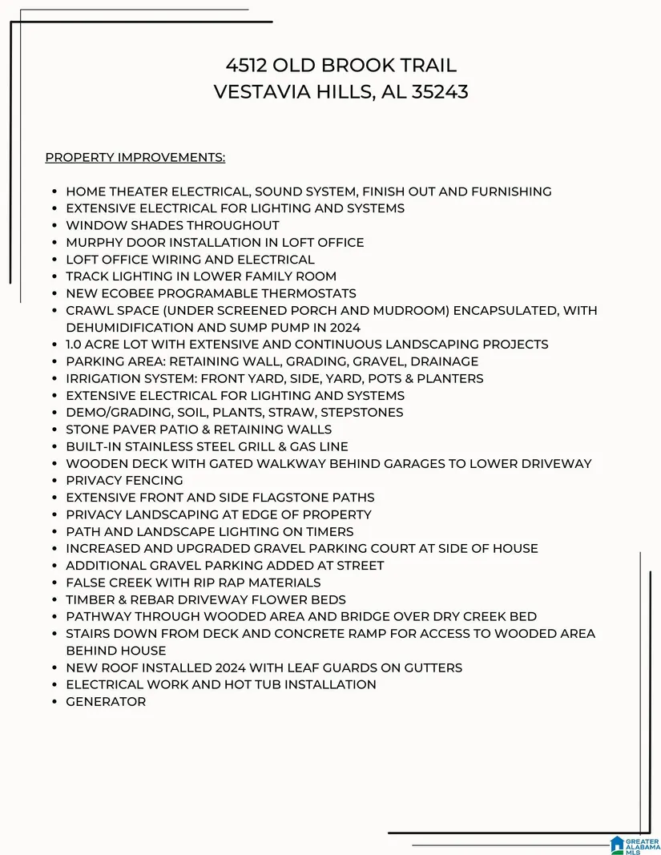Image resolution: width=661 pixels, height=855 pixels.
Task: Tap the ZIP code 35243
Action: click(440, 92)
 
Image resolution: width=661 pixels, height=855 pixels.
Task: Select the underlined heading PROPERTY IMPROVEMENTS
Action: click(135, 157)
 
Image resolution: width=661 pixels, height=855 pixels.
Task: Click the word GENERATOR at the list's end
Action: click(106, 702)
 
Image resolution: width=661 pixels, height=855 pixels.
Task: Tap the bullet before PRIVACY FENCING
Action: click(53, 481)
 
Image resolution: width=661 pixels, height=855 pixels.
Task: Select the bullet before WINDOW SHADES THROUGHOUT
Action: click(53, 226)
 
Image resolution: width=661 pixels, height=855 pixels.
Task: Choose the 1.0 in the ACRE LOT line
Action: click(76, 345)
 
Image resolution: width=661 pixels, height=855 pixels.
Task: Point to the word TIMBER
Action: click(90, 599)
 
